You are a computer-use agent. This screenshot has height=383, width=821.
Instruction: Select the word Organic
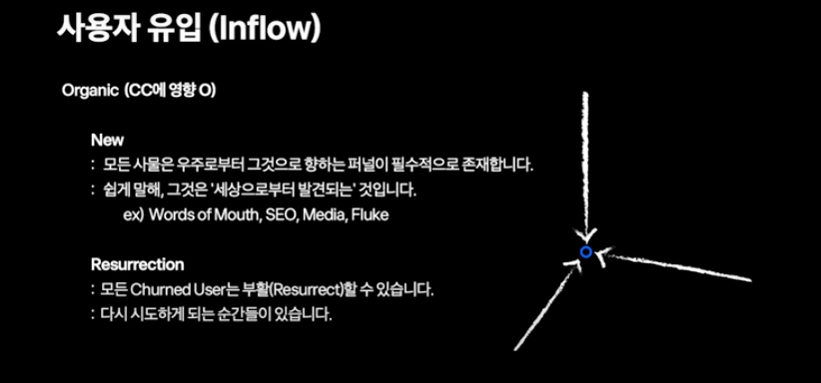coord(90,91)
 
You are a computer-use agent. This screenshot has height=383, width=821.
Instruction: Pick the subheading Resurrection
coord(137,265)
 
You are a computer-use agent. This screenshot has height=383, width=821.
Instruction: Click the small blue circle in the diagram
coord(586,252)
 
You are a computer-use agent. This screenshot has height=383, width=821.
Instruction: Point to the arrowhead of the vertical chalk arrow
coord(586,231)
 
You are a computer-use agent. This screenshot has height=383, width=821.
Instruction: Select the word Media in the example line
coord(329,214)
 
